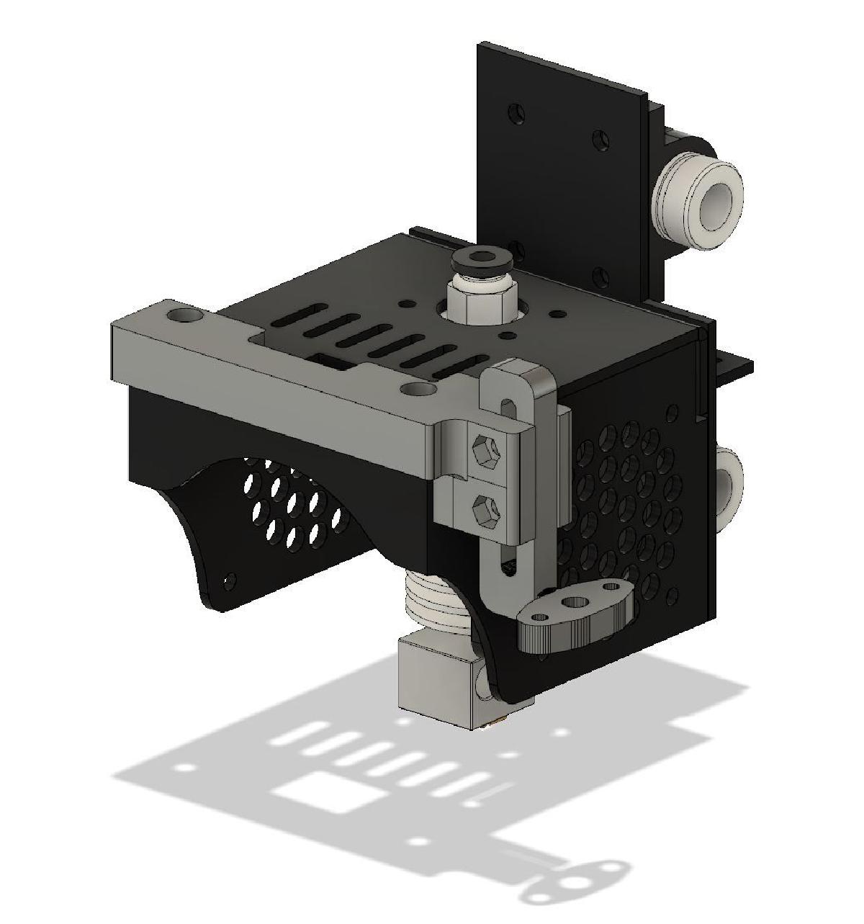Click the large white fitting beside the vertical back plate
pyautogui.click(x=697, y=194)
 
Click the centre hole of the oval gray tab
pyautogui.click(x=573, y=602)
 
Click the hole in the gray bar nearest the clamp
pyautogui.click(x=418, y=389)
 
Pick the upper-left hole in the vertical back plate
pyautogui.click(x=516, y=114)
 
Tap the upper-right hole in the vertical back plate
pyautogui.click(x=598, y=137)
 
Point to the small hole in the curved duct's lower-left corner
pyautogui.click(x=230, y=579)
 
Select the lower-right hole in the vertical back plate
pyautogui.click(x=598, y=275)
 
